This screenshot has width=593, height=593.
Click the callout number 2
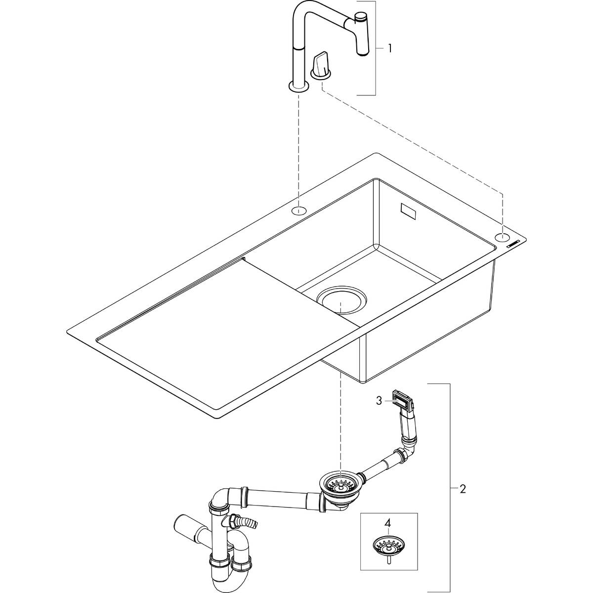coord(463,489)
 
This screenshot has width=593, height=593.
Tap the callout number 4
coord(388,522)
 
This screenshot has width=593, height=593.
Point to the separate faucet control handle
coord(320,64)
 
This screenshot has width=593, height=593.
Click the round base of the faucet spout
coord(298,87)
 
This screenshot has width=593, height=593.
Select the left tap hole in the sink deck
coord(298,211)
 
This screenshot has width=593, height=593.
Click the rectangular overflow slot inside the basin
coord(409,212)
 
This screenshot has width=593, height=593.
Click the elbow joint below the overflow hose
coord(403,456)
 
